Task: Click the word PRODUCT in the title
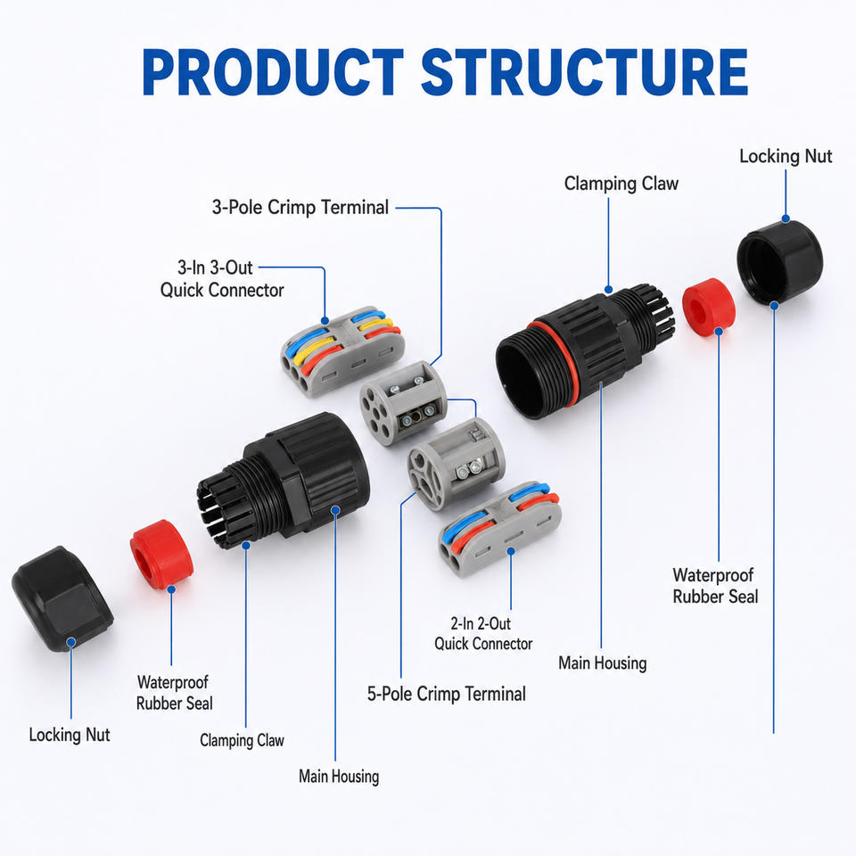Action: pyautogui.click(x=273, y=72)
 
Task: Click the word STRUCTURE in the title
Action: pyautogui.click(x=584, y=72)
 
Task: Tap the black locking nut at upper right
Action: pyautogui.click(x=779, y=262)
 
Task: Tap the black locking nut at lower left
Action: pyautogui.click(x=62, y=598)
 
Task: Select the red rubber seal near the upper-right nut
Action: pyautogui.click(x=709, y=306)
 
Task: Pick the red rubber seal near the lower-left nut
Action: pyautogui.click(x=161, y=555)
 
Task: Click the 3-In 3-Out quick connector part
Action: pyautogui.click(x=342, y=351)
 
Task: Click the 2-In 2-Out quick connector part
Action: pyautogui.click(x=500, y=529)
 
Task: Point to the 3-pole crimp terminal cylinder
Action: pyautogui.click(x=403, y=403)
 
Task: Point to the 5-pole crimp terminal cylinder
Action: pyautogui.click(x=456, y=464)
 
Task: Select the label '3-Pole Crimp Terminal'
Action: pyautogui.click(x=300, y=208)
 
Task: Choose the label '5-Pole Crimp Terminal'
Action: pyautogui.click(x=447, y=694)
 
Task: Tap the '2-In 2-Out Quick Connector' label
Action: pyautogui.click(x=483, y=633)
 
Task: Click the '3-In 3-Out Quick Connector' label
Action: pyautogui.click(x=222, y=278)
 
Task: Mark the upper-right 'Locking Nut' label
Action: pyautogui.click(x=786, y=156)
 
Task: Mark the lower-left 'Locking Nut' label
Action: pyautogui.click(x=70, y=735)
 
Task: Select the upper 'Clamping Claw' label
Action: pyautogui.click(x=621, y=184)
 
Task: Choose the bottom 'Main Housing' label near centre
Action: pyautogui.click(x=339, y=777)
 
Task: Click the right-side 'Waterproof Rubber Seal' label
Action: pyautogui.click(x=715, y=585)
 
